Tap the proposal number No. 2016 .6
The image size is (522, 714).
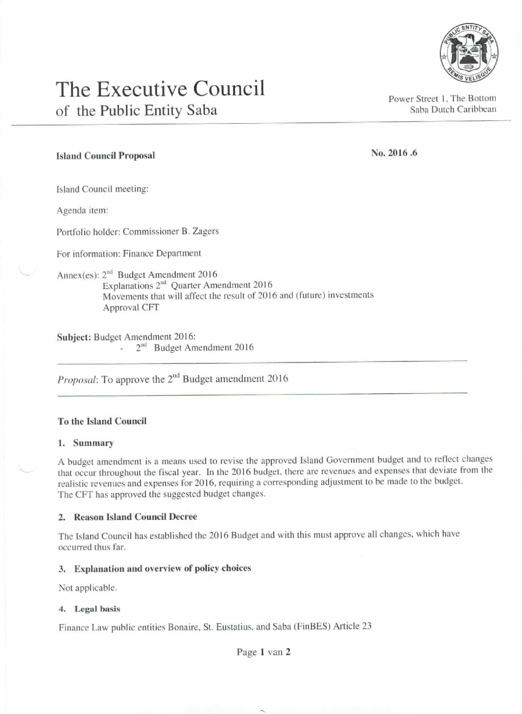pos(394,153)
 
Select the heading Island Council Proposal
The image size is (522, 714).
pos(105,156)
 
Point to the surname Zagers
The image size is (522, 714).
pos(205,231)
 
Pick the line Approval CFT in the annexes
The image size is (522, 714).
pos(131,307)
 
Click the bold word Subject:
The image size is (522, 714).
pos(74,337)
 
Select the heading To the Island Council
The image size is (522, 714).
pos(102,421)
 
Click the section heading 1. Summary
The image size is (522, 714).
pos(86,443)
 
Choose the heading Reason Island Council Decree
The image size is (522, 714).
pos(135,516)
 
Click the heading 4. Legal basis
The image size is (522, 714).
pos(90,609)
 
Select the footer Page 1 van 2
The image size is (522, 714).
pos(263,652)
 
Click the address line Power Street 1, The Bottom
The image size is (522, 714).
pos(442,98)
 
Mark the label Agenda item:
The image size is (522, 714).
pos(82,210)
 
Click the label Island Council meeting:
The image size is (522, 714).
pos(102,189)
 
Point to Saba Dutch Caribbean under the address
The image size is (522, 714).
pos(452,110)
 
